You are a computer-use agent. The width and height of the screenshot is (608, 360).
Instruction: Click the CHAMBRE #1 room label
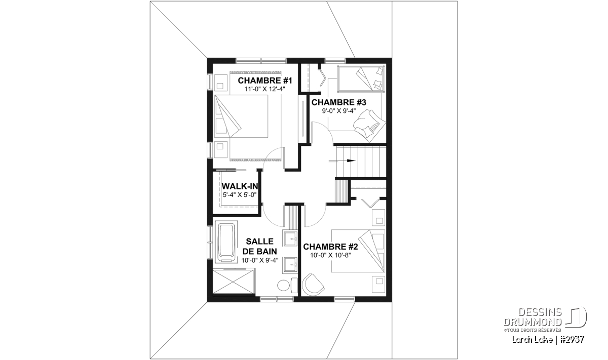[x=264, y=81]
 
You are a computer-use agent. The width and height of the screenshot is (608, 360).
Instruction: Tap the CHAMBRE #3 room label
[x=339, y=102]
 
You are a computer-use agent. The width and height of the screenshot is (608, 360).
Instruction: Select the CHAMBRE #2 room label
[x=330, y=247]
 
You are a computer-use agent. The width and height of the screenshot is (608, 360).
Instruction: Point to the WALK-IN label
[x=240, y=186]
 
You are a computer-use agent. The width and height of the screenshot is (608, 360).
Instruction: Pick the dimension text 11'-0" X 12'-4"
[x=264, y=89]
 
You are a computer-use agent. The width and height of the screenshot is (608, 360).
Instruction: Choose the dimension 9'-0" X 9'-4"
[x=339, y=111]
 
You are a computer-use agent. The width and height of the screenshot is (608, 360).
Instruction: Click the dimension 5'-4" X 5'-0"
[x=240, y=195]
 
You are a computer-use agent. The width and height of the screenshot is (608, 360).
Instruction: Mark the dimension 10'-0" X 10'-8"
[x=330, y=255]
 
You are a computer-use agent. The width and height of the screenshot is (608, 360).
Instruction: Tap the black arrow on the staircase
[x=343, y=161]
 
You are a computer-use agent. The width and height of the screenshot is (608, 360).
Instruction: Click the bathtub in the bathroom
[x=226, y=242]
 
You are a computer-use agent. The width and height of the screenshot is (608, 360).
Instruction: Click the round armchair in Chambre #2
[x=313, y=284]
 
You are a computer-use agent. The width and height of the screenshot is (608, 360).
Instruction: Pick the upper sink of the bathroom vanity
[x=290, y=238]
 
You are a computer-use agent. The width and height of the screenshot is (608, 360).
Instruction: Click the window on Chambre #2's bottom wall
[x=344, y=299]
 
